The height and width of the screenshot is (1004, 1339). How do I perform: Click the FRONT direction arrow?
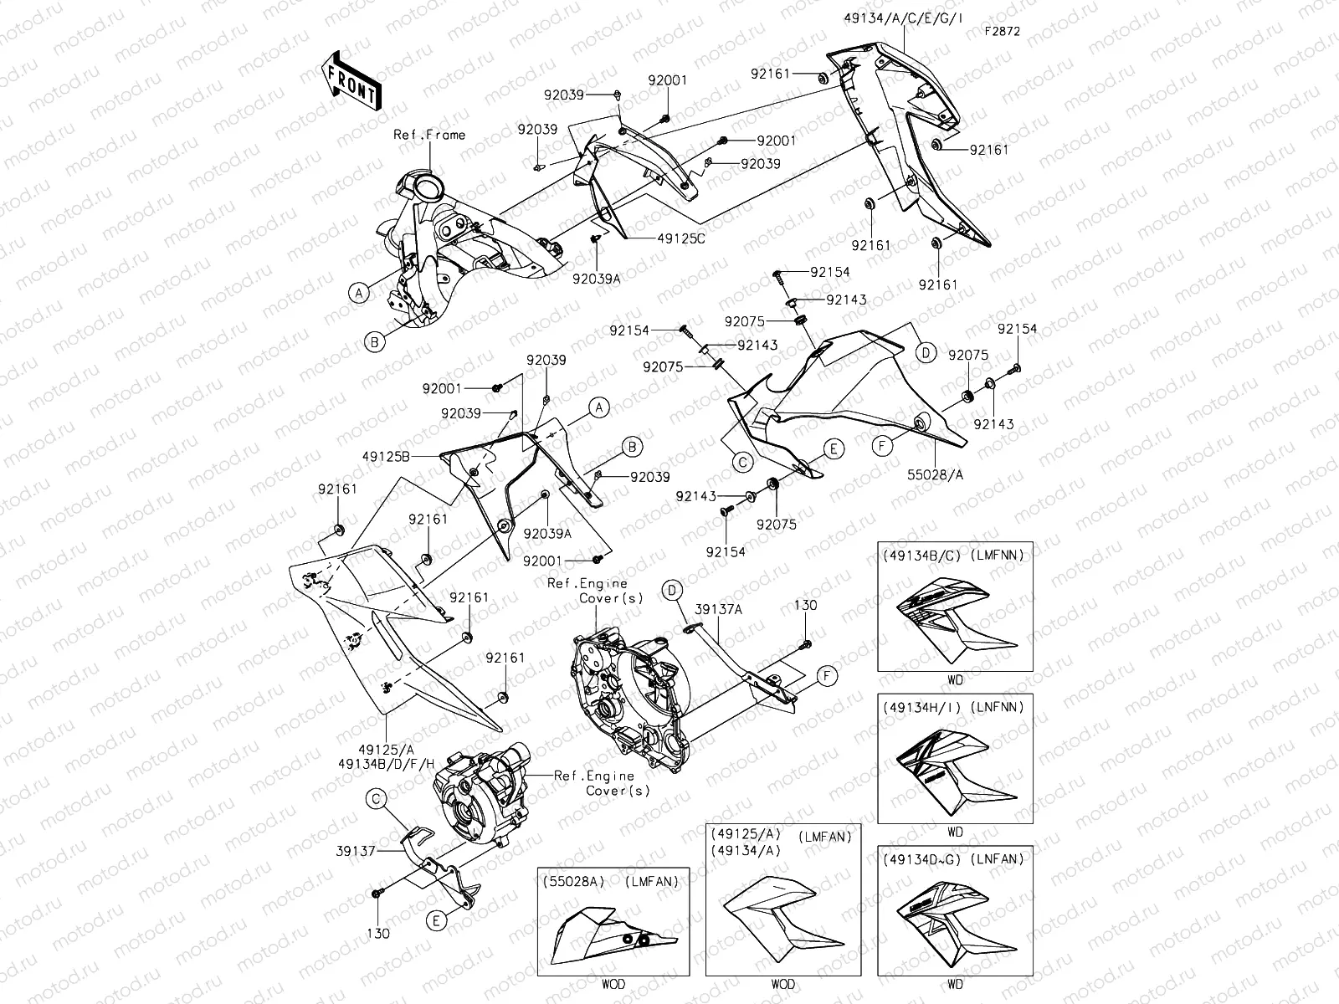point(351,79)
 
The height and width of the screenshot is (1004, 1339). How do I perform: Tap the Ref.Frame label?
point(429,135)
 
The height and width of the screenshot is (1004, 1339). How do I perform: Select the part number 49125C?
point(681,238)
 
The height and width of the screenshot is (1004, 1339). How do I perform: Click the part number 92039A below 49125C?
point(597,279)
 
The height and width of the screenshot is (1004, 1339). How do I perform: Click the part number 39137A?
point(717,610)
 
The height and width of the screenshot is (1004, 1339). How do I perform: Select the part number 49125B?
point(386,457)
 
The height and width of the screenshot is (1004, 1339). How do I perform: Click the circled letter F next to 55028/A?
point(882,447)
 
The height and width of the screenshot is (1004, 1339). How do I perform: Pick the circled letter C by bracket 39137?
point(377,801)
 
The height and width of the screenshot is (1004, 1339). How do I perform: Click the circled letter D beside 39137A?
point(671,590)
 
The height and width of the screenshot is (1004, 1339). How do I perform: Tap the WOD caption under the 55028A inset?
point(613,985)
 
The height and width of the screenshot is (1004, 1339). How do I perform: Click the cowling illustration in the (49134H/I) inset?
point(956,770)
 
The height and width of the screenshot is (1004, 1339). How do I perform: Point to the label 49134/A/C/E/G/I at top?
point(903,17)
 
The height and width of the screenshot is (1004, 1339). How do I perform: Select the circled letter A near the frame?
point(358,292)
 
